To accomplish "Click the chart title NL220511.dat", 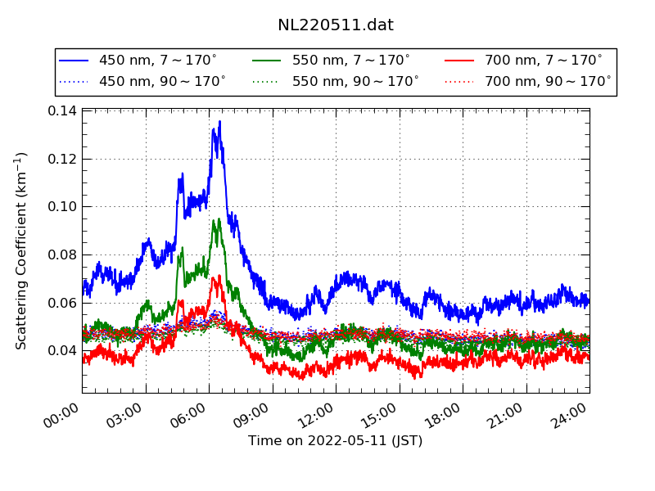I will pyautogui.click(x=336, y=25).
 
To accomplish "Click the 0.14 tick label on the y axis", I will pyautogui.click(x=62, y=111).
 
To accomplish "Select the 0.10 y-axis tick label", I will pyautogui.click(x=62, y=207).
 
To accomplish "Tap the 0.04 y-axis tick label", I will pyautogui.click(x=62, y=351).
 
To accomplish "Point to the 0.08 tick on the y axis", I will pyautogui.click(x=62, y=255).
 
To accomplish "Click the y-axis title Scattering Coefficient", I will pyautogui.click(x=22, y=250).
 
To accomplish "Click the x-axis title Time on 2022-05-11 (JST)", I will pyautogui.click(x=336, y=441).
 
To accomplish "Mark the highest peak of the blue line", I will pyautogui.click(x=219, y=122).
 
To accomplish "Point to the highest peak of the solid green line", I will pyautogui.click(x=215, y=219).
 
